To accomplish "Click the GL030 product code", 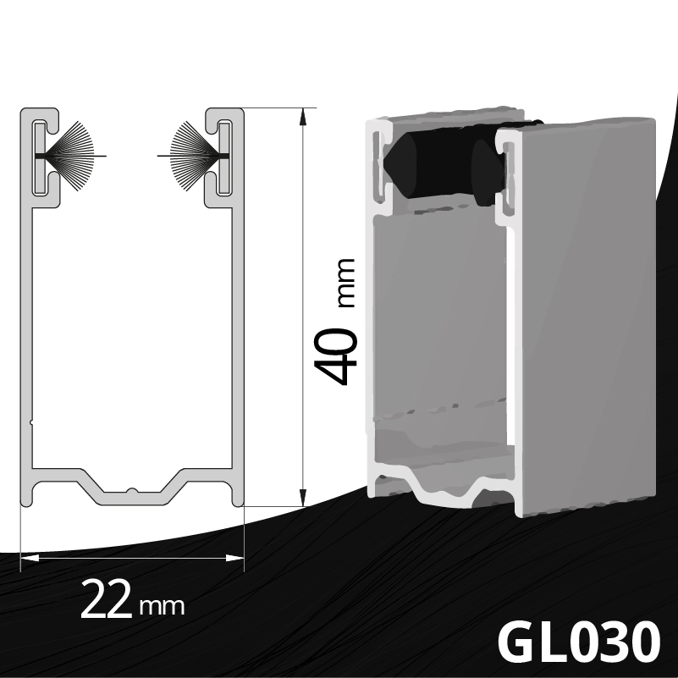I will click(x=577, y=642).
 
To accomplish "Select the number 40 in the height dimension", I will click(x=336, y=356).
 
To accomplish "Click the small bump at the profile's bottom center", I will click(x=131, y=489).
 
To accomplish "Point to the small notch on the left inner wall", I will click(x=31, y=419).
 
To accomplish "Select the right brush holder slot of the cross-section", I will click(x=225, y=157).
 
